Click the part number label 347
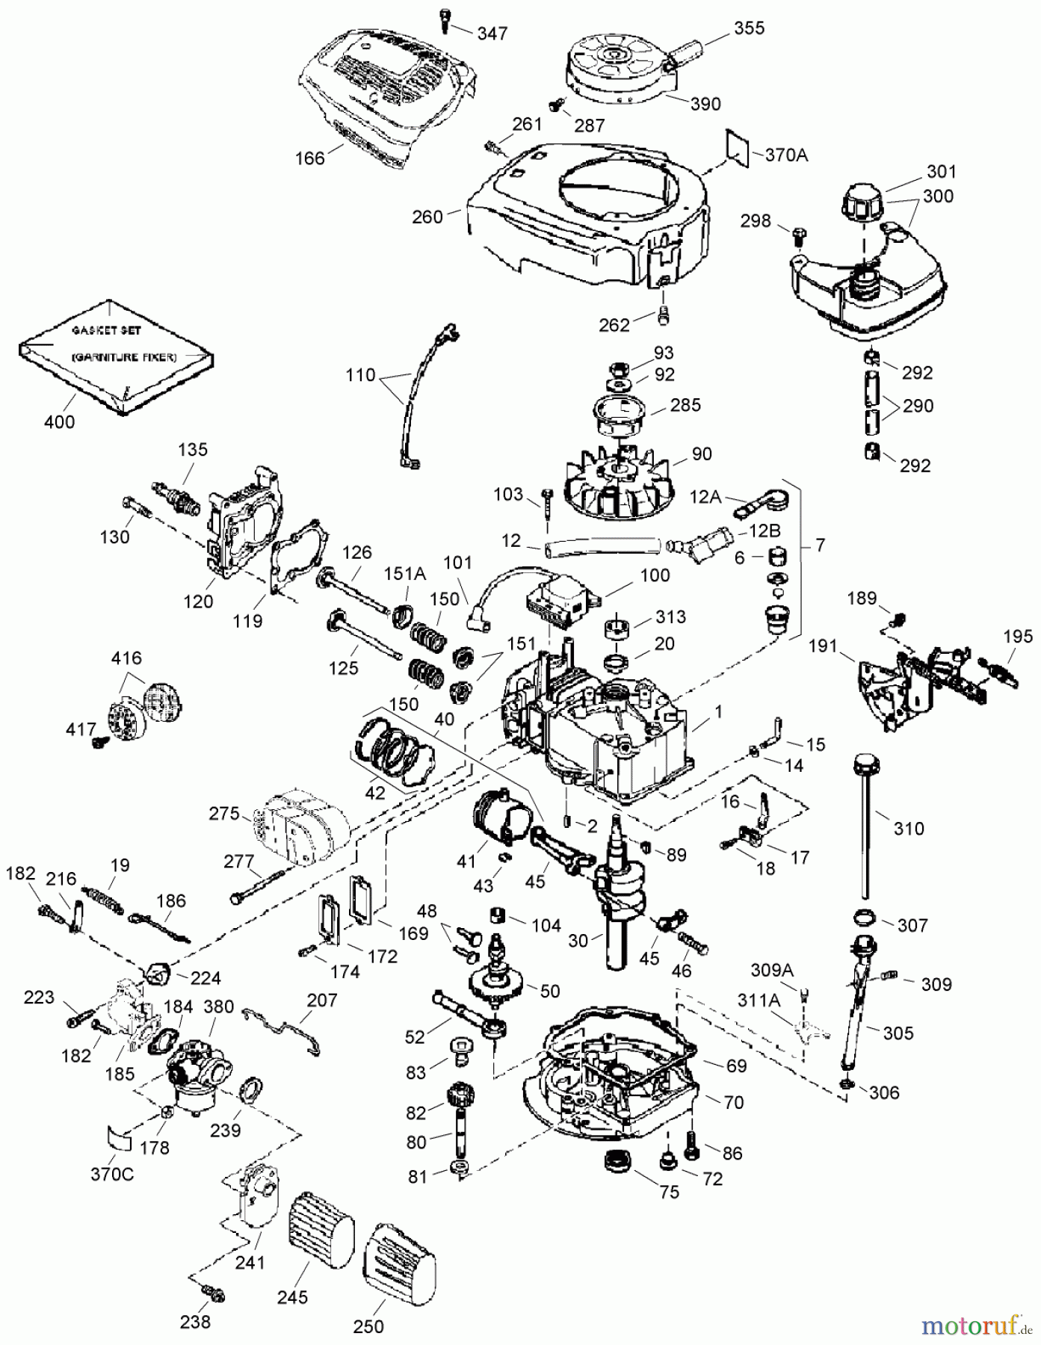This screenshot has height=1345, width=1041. click(492, 34)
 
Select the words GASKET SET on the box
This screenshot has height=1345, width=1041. click(106, 330)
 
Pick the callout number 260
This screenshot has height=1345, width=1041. click(427, 217)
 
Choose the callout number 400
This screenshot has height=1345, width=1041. click(59, 421)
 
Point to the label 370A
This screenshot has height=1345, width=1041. click(787, 155)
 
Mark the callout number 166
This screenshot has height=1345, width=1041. click(310, 158)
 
